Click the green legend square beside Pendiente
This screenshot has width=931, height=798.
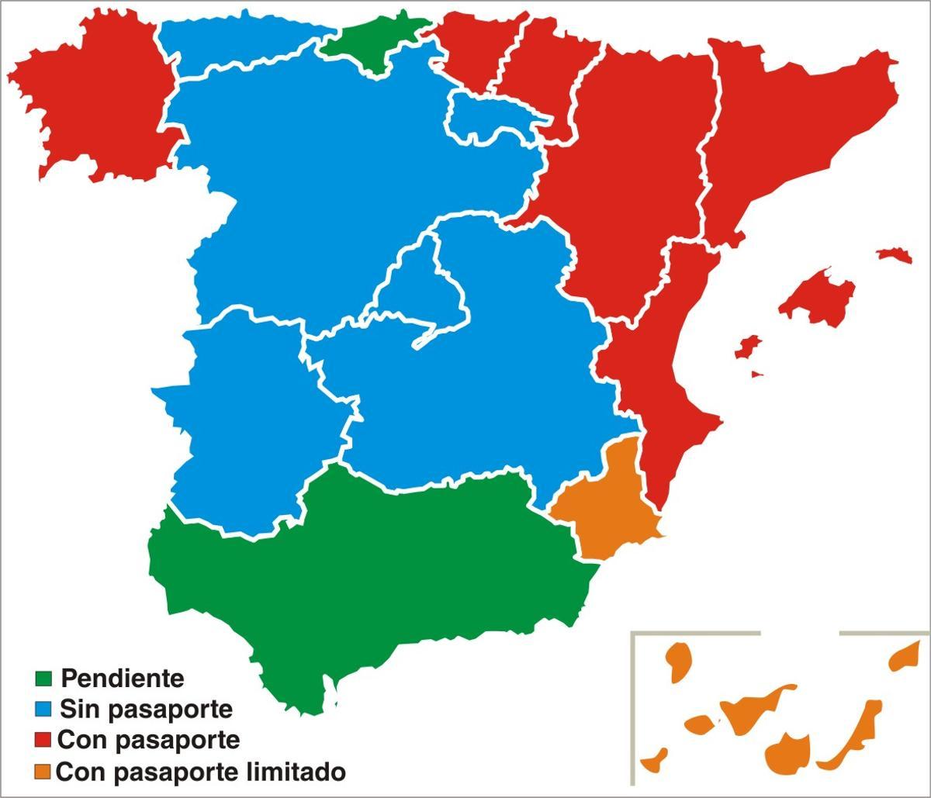(x=43, y=679)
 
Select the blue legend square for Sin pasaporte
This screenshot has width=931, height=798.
(x=43, y=708)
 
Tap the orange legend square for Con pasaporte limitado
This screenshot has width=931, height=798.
(x=43, y=772)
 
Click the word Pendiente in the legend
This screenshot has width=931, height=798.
(x=123, y=679)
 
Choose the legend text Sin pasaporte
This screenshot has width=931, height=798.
(x=147, y=709)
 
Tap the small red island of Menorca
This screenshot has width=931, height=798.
(x=895, y=254)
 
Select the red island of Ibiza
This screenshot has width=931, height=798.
(x=747, y=347)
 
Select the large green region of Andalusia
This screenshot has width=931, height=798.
(x=372, y=574)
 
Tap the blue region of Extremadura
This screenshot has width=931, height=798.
(x=248, y=419)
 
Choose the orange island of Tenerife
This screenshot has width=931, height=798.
(x=749, y=710)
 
